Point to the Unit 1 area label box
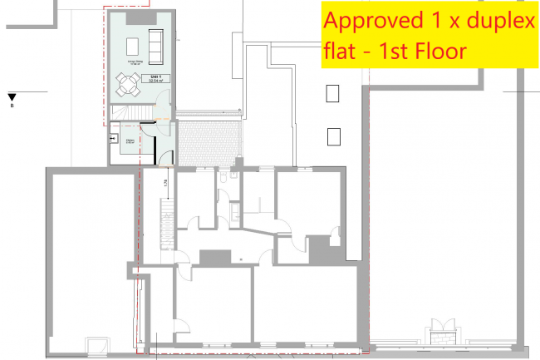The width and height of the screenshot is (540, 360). [x=155, y=80]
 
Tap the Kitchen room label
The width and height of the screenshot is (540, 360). [x=130, y=143]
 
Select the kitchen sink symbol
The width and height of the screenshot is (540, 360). [x=113, y=141]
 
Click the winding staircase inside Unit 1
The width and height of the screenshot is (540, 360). [x=125, y=112]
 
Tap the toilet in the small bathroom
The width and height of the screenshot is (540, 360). [x=223, y=178]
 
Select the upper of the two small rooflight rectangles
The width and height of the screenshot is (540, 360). [x=333, y=92]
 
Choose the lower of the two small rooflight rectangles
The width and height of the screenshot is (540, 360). [x=333, y=135]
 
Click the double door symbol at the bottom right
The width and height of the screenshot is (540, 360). [x=439, y=330]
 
